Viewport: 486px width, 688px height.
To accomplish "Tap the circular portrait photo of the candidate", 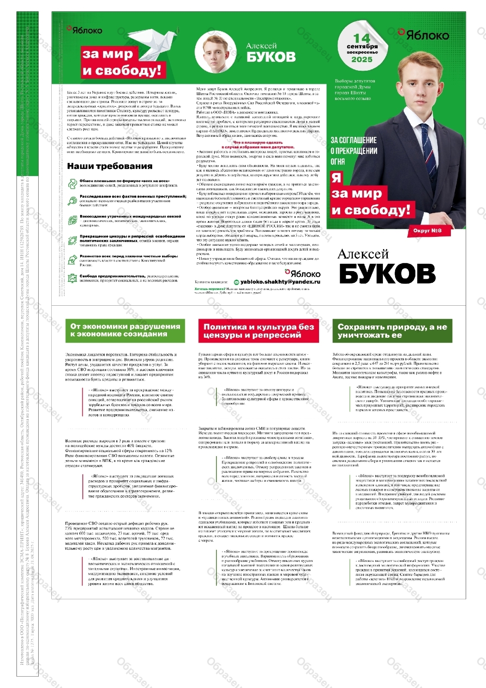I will [x=214, y=52].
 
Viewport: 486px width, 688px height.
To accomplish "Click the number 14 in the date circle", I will [x=361, y=38].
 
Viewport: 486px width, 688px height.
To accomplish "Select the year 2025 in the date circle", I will [x=362, y=59].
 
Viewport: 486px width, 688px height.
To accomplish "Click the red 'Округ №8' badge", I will [x=427, y=231].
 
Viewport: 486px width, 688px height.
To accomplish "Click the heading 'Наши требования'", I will [x=110, y=166].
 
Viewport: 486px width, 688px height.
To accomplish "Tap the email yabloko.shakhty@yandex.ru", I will [x=280, y=282].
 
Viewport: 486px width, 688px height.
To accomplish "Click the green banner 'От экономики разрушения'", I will [x=125, y=330].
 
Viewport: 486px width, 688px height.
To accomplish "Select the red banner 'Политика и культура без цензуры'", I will [x=258, y=331].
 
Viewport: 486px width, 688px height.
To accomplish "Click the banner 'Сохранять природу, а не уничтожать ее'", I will [x=392, y=331].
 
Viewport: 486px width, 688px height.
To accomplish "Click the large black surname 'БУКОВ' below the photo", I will [x=387, y=273].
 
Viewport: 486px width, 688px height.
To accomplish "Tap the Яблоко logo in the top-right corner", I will [x=423, y=35].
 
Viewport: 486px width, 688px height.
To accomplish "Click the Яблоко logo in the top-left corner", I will [x=85, y=30].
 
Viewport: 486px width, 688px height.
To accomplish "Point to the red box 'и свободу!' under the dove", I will [x=121, y=70].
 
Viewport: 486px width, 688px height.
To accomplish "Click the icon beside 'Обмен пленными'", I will [x=72, y=183].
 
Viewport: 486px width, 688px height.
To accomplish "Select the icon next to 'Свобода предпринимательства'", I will [x=72, y=279].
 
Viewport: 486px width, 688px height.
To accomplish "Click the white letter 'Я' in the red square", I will [x=337, y=178].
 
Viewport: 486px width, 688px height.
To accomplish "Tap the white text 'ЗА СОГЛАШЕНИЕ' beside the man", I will [x=354, y=140].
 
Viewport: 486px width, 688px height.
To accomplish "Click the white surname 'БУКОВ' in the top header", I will [x=271, y=57].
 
